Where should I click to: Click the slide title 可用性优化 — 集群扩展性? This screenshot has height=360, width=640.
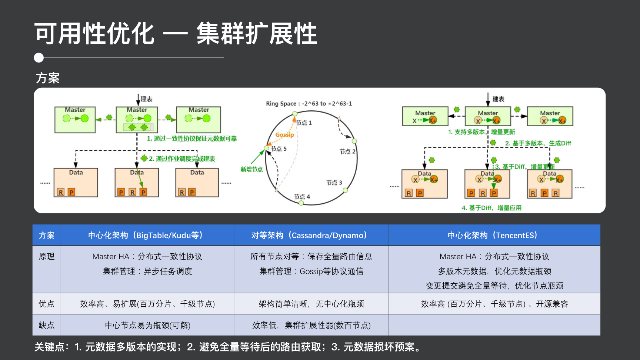tap(176, 34)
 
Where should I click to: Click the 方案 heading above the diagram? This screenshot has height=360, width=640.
tap(47, 78)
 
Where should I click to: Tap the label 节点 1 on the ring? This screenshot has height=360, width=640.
tap(304, 123)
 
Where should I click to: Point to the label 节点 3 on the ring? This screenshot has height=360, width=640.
tap(334, 183)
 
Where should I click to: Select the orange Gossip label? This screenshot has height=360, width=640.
tap(284, 135)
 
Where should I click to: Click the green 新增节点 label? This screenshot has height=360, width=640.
tap(251, 169)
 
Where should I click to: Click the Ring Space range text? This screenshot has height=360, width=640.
tap(309, 104)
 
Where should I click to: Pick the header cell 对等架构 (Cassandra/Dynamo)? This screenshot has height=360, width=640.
tap(311, 235)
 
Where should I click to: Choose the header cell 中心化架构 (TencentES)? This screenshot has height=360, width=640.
tap(494, 235)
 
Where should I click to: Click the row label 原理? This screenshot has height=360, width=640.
tap(47, 256)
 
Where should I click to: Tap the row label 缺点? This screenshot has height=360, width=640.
tap(47, 325)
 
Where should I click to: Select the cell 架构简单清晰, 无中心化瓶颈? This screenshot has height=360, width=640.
tap(311, 304)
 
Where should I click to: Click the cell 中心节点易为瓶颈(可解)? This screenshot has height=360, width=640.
tap(147, 325)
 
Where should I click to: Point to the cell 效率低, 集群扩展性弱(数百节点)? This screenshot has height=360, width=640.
tap(311, 325)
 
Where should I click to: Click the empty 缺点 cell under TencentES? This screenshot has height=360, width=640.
tap(494, 325)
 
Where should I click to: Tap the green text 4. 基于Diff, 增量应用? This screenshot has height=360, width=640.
tap(491, 208)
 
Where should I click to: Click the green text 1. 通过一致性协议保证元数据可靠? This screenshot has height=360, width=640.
tap(192, 139)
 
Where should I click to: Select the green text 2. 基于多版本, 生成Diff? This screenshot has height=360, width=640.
tap(538, 143)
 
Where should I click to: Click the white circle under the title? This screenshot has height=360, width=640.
tap(39, 58)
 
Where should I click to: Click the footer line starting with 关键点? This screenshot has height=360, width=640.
tap(228, 347)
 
